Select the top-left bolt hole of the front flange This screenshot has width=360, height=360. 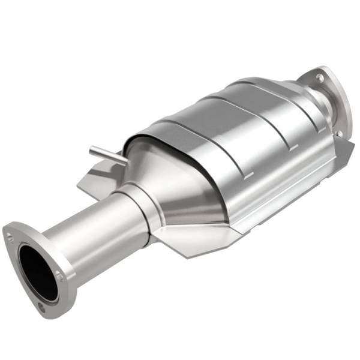point(10,237)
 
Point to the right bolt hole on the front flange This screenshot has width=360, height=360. point(59,275)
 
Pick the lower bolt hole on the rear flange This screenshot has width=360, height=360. point(338,133)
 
